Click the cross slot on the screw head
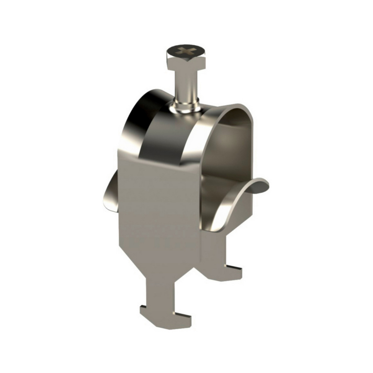click(x=186, y=50)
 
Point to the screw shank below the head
click(x=185, y=84)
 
